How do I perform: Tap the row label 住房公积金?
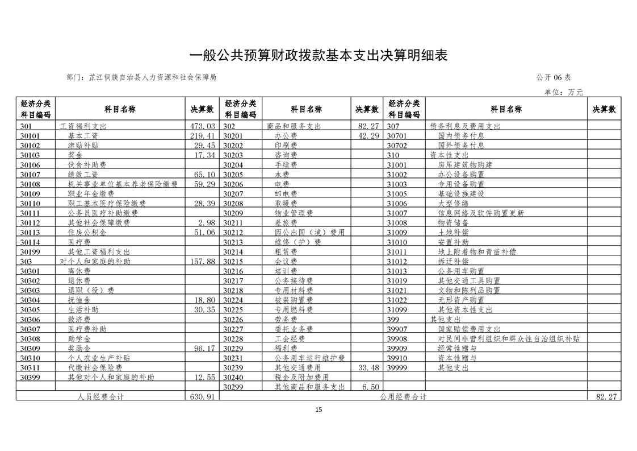pos(83,232)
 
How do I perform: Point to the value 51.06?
pos(204,232)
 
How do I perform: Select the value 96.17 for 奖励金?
pos(204,348)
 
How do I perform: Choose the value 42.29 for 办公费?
pos(370,136)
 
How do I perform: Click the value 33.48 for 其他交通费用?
pos(370,367)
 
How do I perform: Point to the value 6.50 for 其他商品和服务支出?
pos(371,387)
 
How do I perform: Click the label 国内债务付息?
pos(461,136)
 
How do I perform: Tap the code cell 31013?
pos(397,271)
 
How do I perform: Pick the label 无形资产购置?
pos(461,300)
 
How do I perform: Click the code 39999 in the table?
pos(397,367)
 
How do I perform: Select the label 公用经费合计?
pos(403,396)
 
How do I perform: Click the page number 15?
pos(318,410)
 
